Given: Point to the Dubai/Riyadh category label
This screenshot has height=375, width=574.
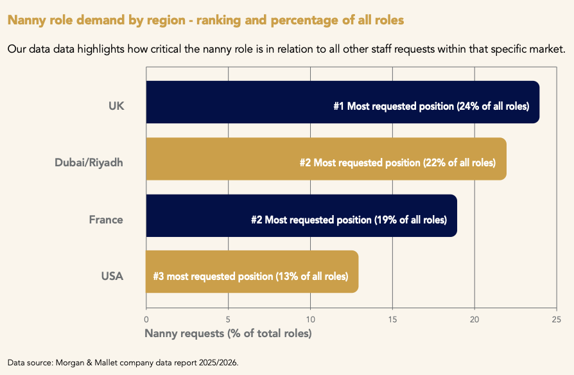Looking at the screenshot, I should (x=89, y=162).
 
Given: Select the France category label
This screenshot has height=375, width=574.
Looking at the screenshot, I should (x=106, y=220).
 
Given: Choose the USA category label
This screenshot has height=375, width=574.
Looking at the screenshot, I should (x=112, y=276).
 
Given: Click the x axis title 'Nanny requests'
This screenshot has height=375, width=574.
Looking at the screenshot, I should (x=228, y=333).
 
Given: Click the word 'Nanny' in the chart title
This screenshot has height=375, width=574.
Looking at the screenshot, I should (x=26, y=20).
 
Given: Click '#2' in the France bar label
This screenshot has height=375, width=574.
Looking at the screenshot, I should (x=257, y=220).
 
